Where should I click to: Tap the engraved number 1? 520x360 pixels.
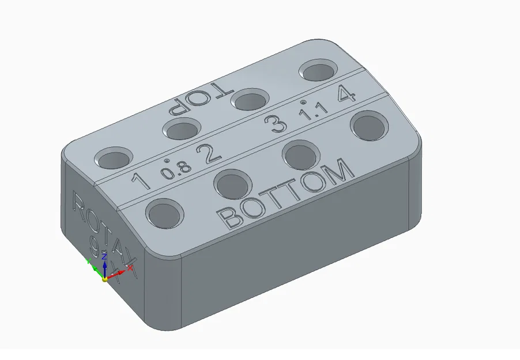click(141, 181)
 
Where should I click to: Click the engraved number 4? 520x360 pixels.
click(346, 93)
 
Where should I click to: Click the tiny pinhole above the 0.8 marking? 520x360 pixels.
click(167, 161)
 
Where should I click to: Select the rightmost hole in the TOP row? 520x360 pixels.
click(319, 71)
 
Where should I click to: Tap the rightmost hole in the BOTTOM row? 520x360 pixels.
click(370, 126)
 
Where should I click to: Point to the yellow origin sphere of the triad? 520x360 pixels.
click(104, 279)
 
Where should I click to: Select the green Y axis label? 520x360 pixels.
click(88, 261)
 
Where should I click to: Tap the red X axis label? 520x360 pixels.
click(130, 268)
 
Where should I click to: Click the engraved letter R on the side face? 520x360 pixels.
click(78, 203)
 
